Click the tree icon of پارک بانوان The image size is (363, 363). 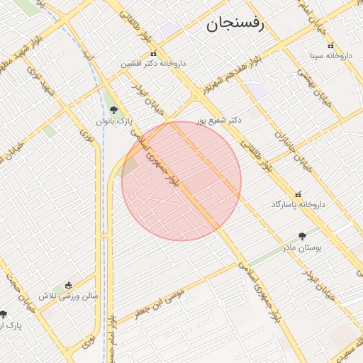[x=113, y=110]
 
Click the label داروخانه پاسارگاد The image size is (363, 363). [x=298, y=204]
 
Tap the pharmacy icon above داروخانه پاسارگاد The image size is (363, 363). [x=298, y=194]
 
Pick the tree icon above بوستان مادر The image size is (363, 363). [x=303, y=236]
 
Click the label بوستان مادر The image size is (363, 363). [x=303, y=247]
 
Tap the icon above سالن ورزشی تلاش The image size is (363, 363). [x=68, y=284]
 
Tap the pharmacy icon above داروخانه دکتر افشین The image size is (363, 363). [x=152, y=53]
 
